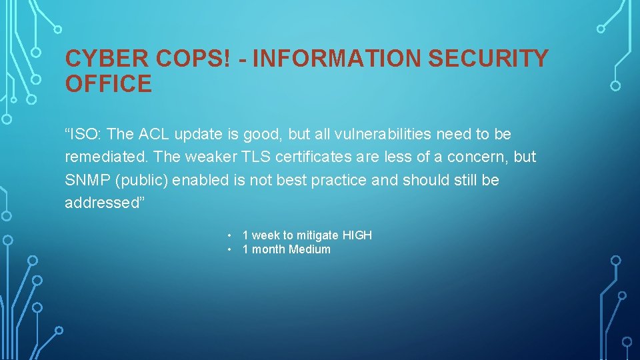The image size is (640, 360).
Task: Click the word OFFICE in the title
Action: pos(108,85)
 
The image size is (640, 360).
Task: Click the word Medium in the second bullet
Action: pos(309,250)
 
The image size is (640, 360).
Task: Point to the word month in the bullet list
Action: pos(269,250)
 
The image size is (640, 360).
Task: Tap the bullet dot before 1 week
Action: pos(229,235)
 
